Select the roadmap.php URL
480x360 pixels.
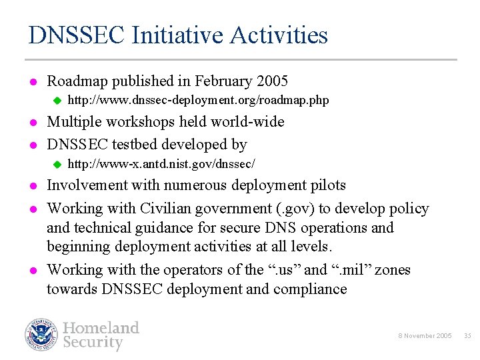pyautogui.click(x=199, y=101)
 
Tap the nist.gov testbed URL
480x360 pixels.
pyautogui.click(x=162, y=164)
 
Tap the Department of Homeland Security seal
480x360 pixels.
pyautogui.click(x=42, y=335)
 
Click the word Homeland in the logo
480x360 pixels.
pyautogui.click(x=101, y=328)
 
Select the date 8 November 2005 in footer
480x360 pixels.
pyautogui.click(x=425, y=335)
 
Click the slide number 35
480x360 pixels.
pyautogui.click(x=467, y=335)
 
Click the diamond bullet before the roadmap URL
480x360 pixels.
pyautogui.click(x=57, y=101)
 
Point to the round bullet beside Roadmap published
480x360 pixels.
pyautogui.click(x=32, y=82)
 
